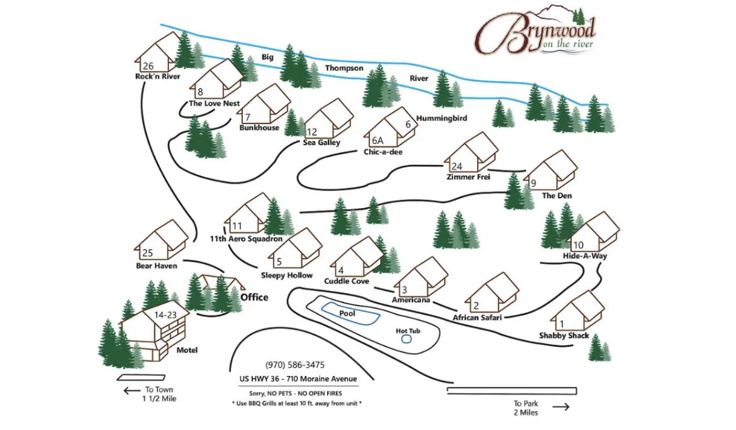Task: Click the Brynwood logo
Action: tap(535, 30)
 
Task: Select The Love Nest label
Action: tap(214, 103)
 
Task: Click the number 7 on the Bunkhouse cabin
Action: tap(248, 117)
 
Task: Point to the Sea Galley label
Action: tap(321, 143)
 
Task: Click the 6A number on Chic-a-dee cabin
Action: tap(377, 140)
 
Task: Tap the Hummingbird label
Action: tap(442, 118)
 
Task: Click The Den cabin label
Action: tap(557, 196)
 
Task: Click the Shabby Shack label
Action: tap(564, 336)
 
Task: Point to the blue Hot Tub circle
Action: tap(406, 339)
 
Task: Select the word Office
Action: tap(254, 297)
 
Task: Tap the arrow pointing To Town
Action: tap(132, 390)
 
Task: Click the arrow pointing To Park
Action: tap(561, 407)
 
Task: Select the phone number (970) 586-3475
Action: tap(295, 365)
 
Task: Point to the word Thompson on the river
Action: tap(344, 68)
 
